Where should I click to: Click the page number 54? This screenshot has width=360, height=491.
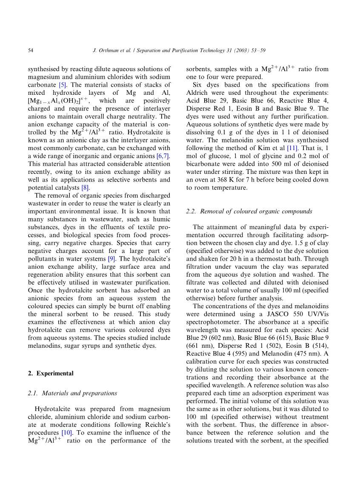point(31,51)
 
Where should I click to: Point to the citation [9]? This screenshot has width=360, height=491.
point(112,258)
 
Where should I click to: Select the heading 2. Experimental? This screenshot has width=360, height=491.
point(51,373)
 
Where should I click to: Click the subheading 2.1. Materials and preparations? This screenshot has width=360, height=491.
point(72,393)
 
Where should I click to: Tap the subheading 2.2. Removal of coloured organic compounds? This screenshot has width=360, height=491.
point(249,211)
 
